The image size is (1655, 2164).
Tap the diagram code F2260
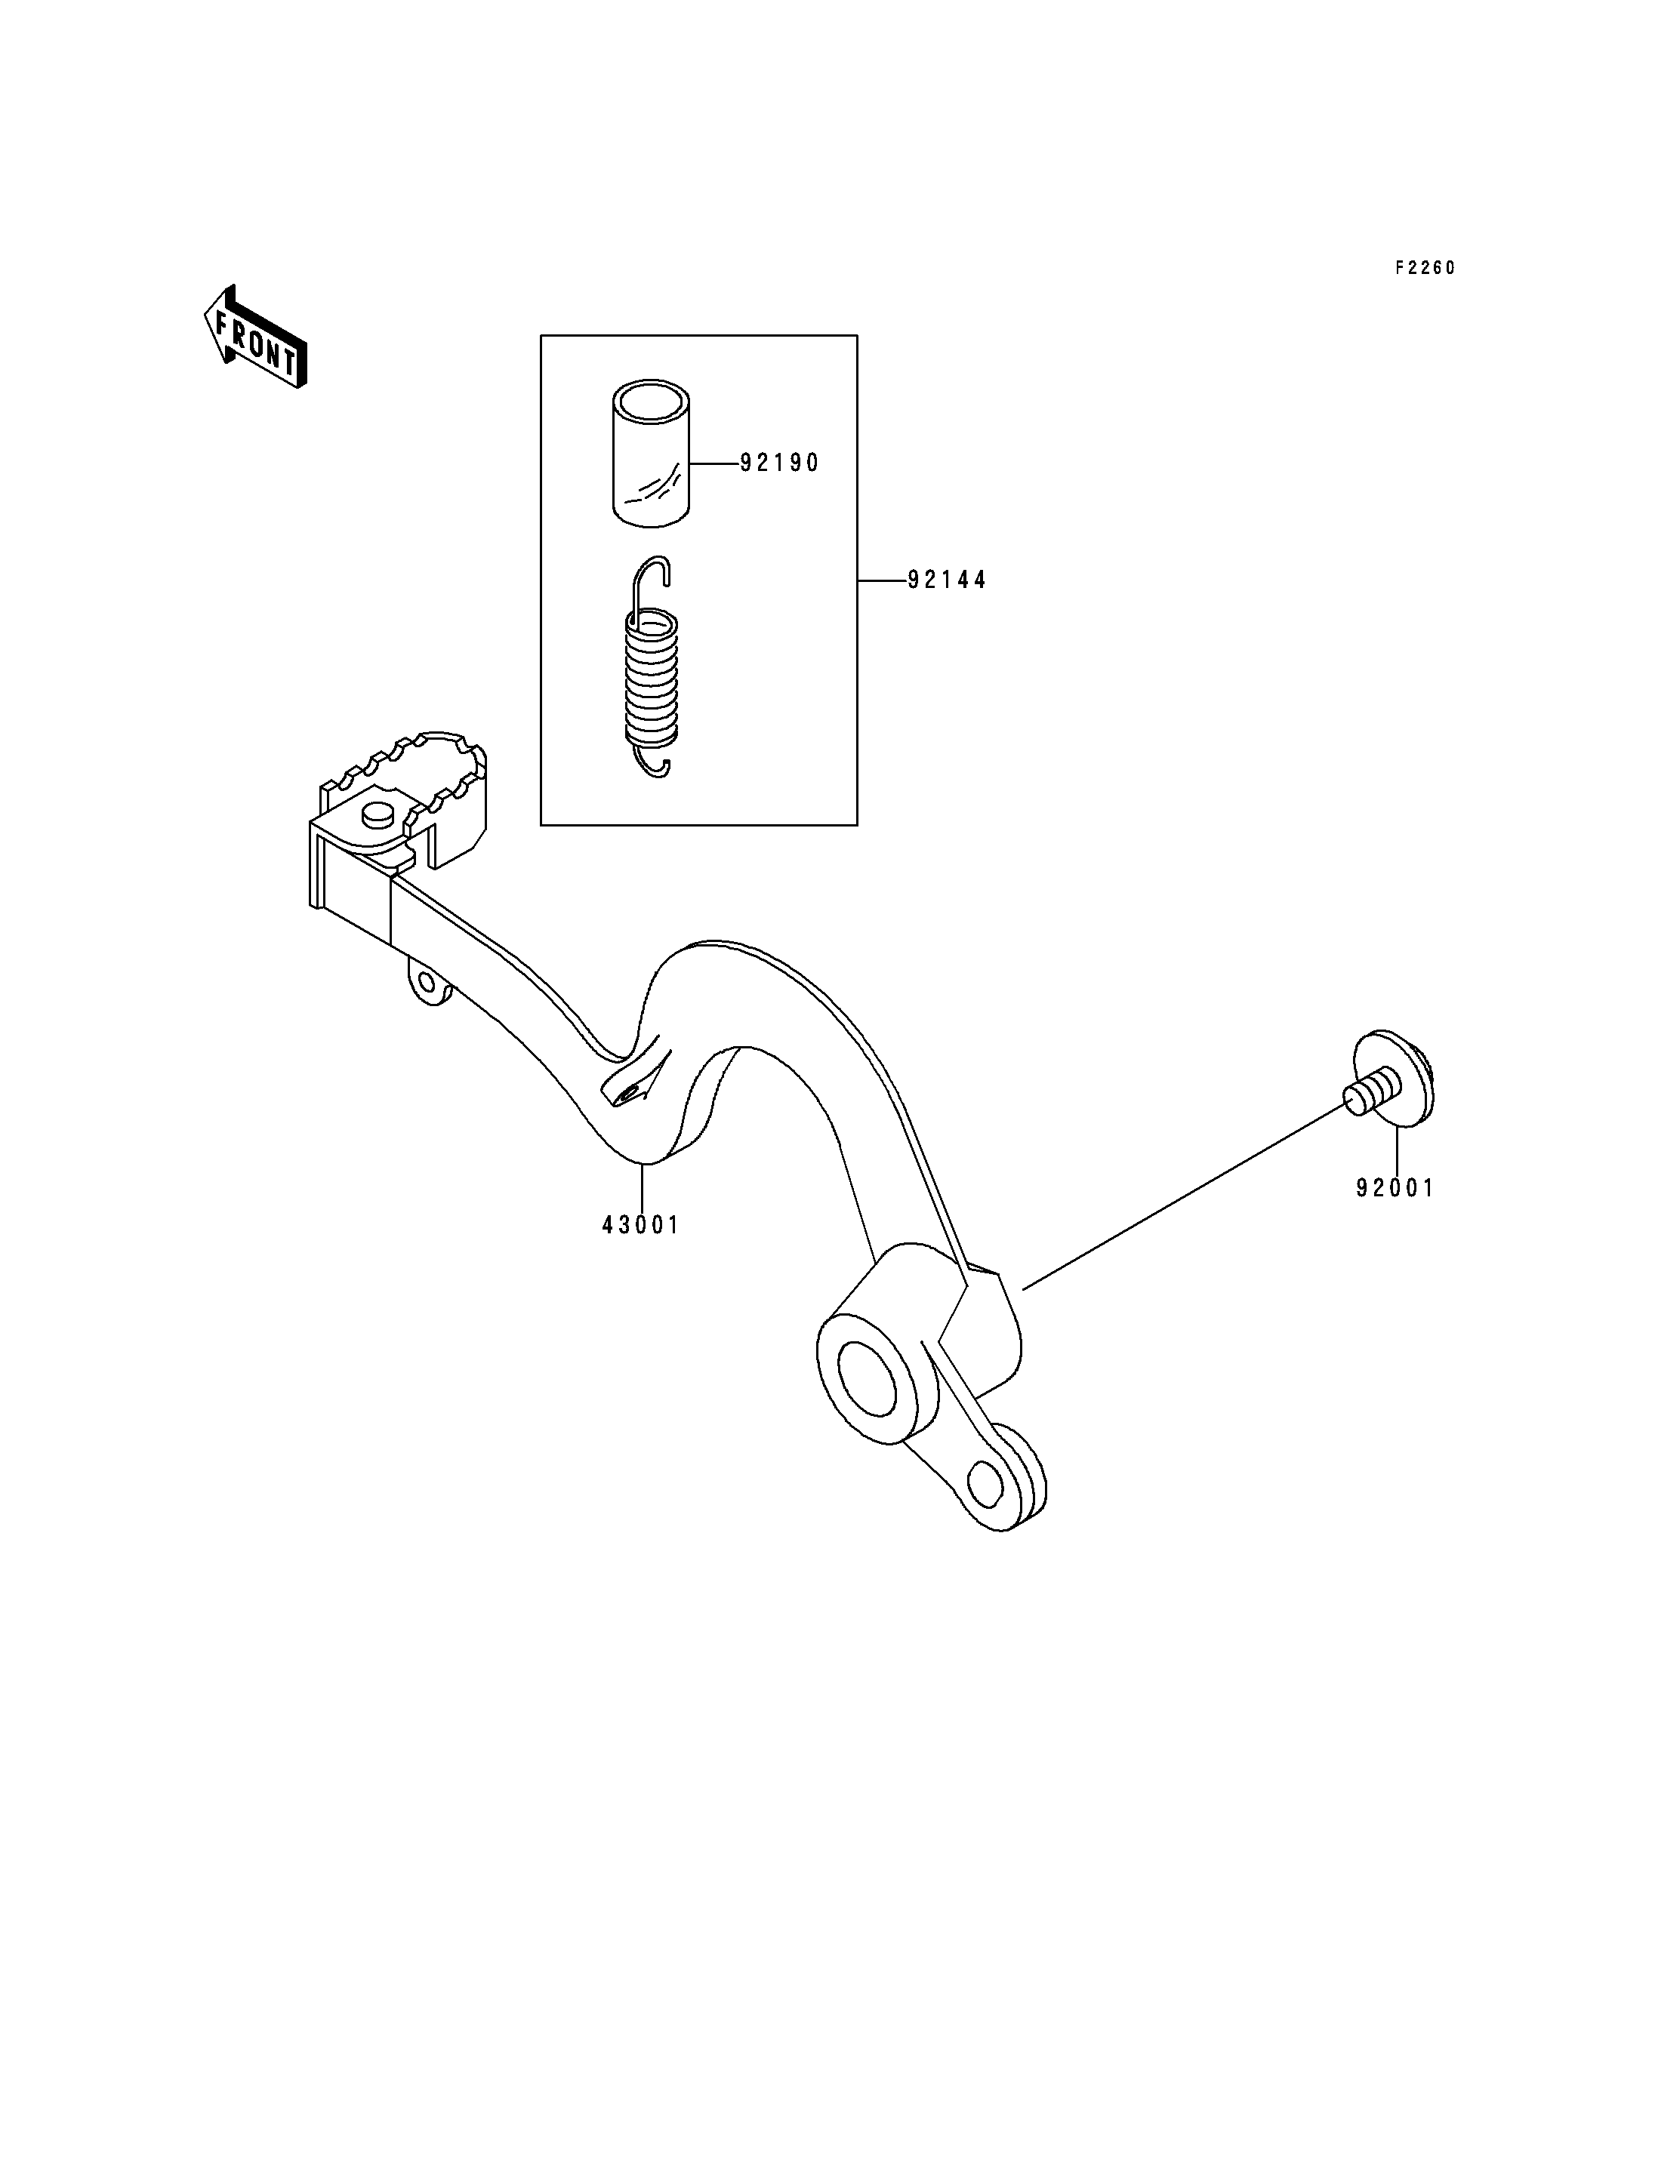click(x=1425, y=268)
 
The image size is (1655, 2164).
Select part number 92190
click(x=779, y=463)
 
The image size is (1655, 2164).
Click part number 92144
click(x=947, y=581)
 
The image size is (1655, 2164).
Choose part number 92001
click(x=1395, y=1189)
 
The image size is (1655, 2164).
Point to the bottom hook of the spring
click(x=653, y=763)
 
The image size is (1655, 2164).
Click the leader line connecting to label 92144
click(x=883, y=581)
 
